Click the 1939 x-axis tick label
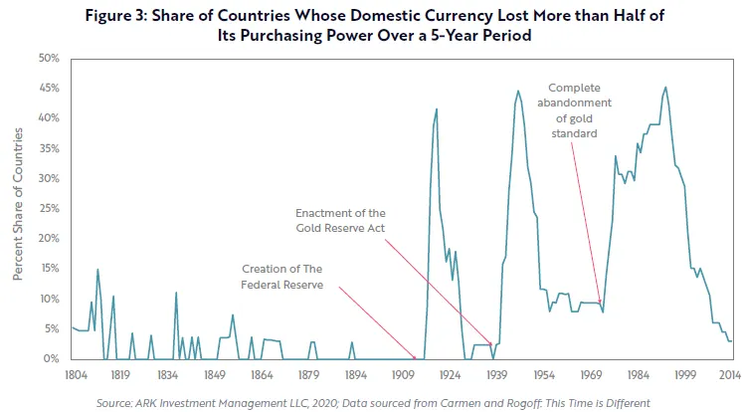pyautogui.click(x=496, y=376)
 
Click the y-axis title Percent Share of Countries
pyautogui.click(x=19, y=209)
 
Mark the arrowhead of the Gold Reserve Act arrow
pyautogui.click(x=492, y=345)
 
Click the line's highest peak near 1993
pyautogui.click(x=665, y=87)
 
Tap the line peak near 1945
pyautogui.click(x=518, y=91)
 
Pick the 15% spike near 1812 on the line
pyautogui.click(x=97, y=269)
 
